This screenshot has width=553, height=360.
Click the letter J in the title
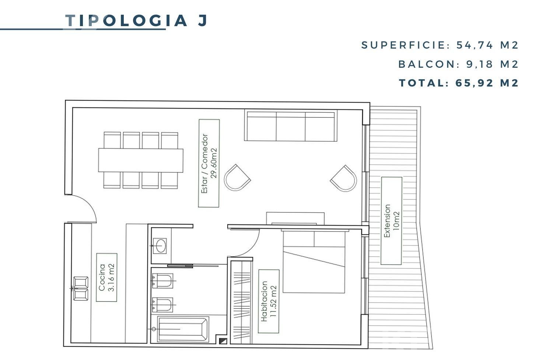click(203, 21)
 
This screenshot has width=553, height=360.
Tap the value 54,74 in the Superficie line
click(475, 45)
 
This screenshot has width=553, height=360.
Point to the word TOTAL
click(422, 83)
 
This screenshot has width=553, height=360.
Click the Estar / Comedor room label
click(209, 163)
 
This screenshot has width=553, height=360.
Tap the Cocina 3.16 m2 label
click(106, 278)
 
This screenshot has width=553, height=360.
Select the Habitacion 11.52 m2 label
click(269, 301)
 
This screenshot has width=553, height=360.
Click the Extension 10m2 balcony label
click(392, 221)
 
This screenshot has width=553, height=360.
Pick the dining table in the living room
click(141, 160)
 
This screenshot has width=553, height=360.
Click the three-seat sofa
click(291, 126)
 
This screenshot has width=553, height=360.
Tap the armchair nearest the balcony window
click(344, 178)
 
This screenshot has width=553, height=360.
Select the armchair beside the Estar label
click(237, 177)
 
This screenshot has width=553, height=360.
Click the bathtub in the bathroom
click(183, 329)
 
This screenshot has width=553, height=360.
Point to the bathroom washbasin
click(160, 246)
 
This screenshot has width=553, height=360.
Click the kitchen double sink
click(81, 289)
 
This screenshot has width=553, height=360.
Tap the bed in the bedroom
click(314, 262)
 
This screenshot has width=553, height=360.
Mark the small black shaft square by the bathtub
click(223, 341)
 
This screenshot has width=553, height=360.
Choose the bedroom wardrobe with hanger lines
click(241, 302)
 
